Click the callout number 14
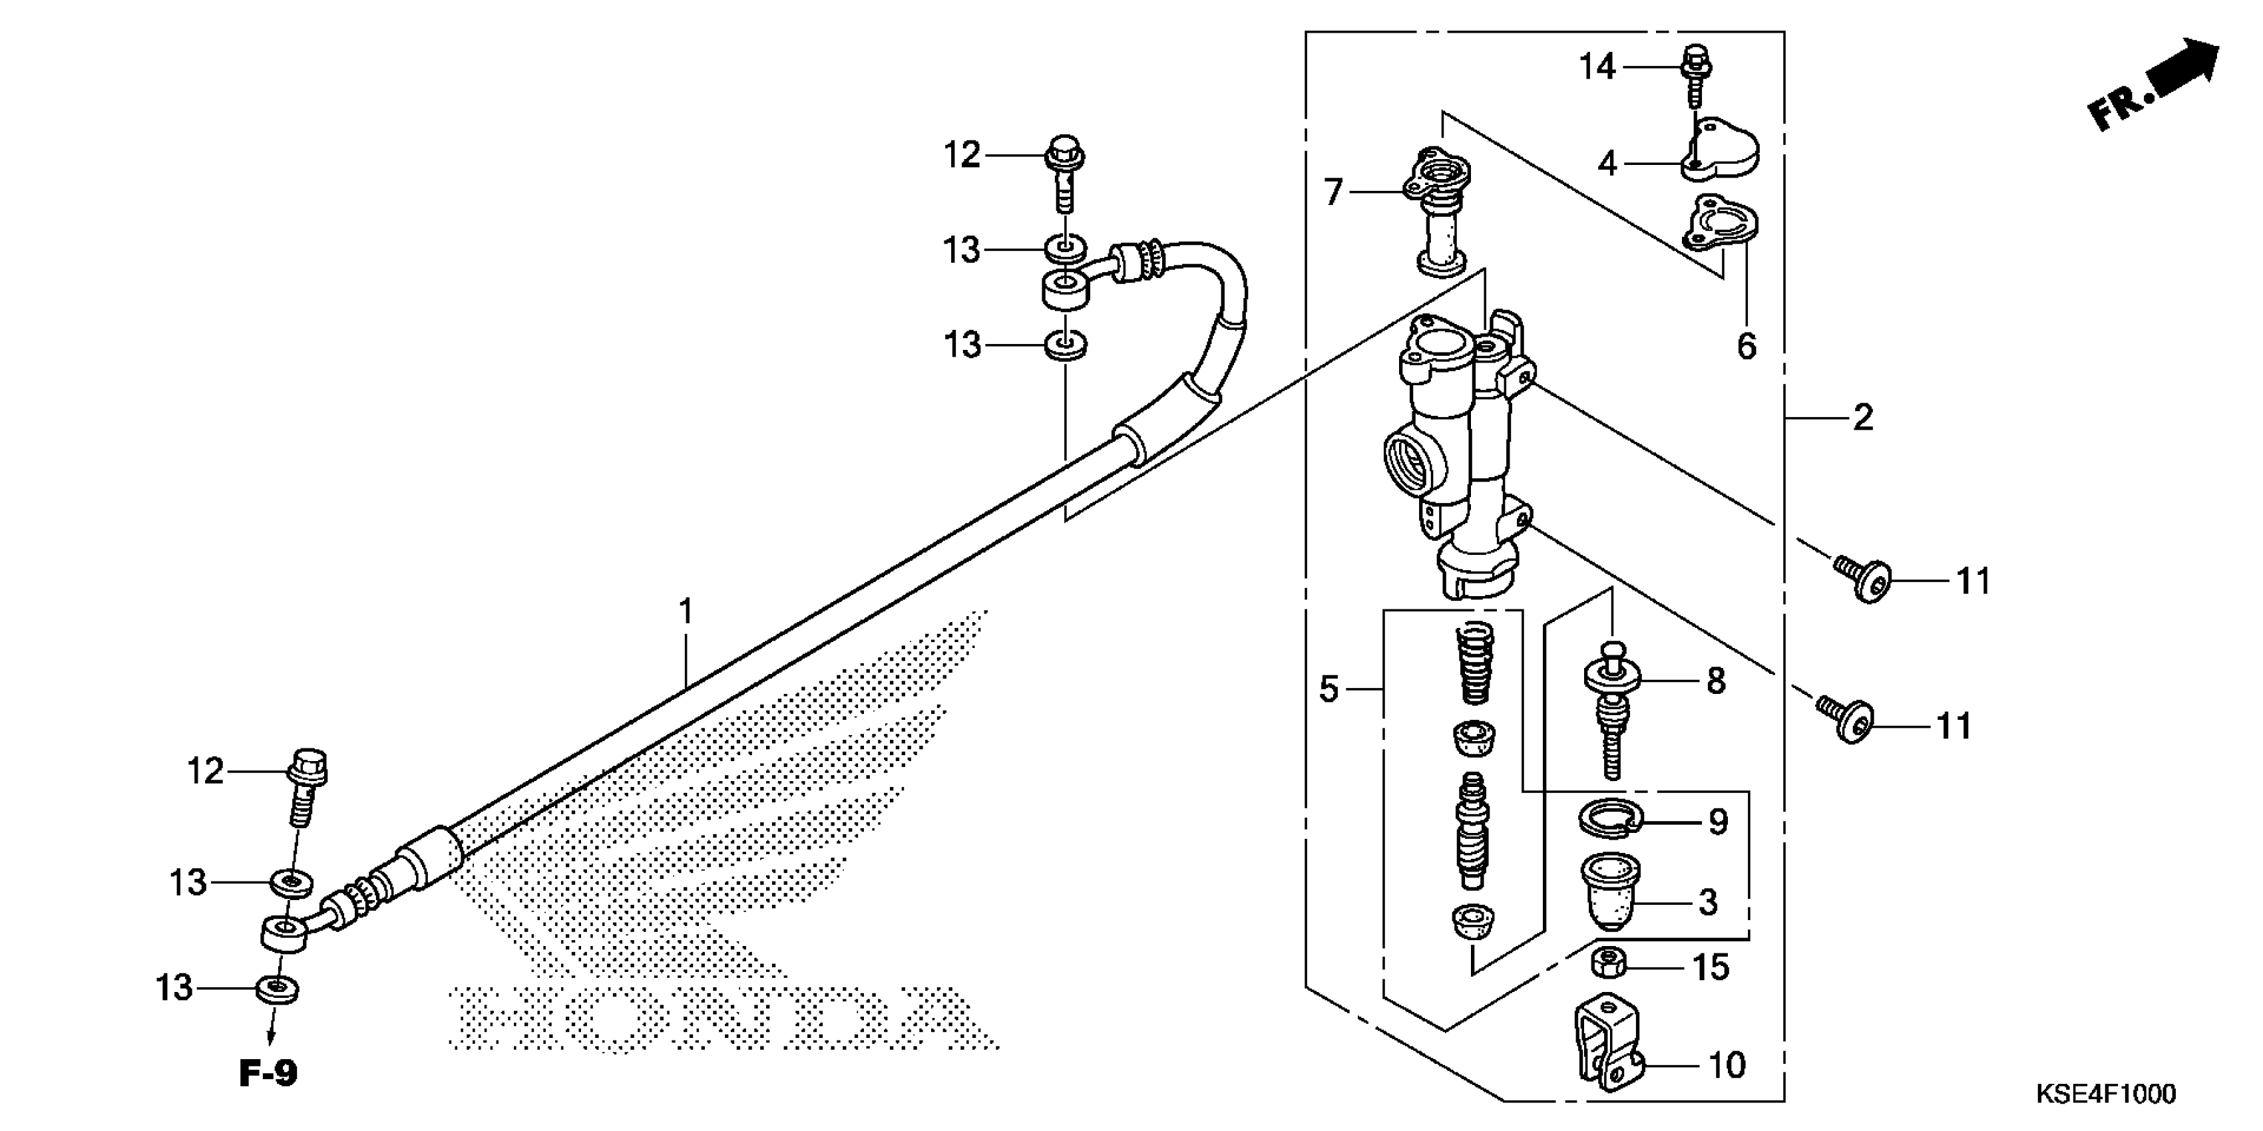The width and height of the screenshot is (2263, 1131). click(1597, 67)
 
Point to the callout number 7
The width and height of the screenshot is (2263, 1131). click(1334, 192)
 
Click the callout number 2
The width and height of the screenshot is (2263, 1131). click(1862, 418)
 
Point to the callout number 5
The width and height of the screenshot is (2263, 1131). click(1329, 689)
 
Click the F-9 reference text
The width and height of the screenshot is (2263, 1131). click(269, 1073)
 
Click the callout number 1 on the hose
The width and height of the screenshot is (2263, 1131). click(686, 611)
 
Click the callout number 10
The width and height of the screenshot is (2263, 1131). click(1727, 1065)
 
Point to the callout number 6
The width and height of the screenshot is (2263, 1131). click(1747, 346)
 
